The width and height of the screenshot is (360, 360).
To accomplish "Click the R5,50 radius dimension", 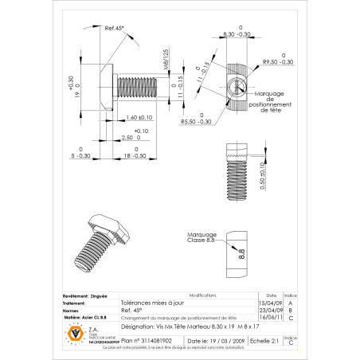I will [x=198, y=122].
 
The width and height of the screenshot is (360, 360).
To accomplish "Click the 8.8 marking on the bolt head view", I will [x=241, y=256].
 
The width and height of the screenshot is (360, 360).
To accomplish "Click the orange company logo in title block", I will [x=76, y=332].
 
